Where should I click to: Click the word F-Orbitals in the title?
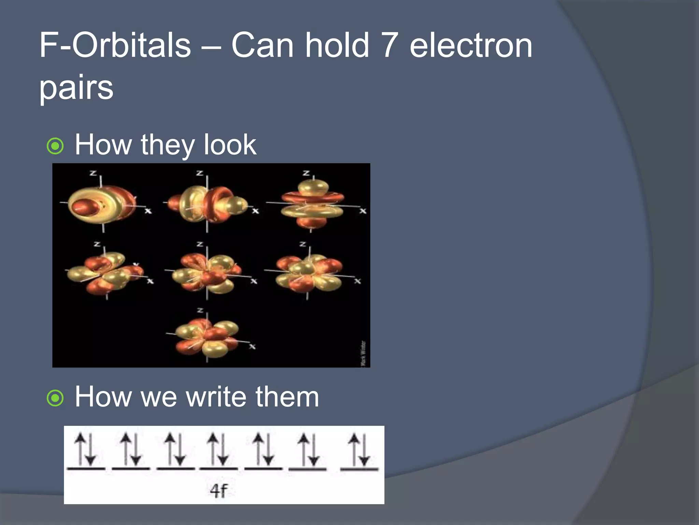pos(115,45)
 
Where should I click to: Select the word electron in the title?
pos(471,45)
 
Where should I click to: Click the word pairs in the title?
pos(76,87)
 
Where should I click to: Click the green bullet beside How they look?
pos(55,146)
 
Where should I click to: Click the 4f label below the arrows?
pos(218,491)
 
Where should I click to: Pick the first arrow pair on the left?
pos(86,449)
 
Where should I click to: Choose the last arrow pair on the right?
pos(359,449)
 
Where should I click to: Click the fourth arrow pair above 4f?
pos(218,449)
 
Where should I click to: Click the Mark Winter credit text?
pos(363,353)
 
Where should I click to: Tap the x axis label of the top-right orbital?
pos(362,211)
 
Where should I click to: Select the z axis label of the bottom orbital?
pos(200,310)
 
